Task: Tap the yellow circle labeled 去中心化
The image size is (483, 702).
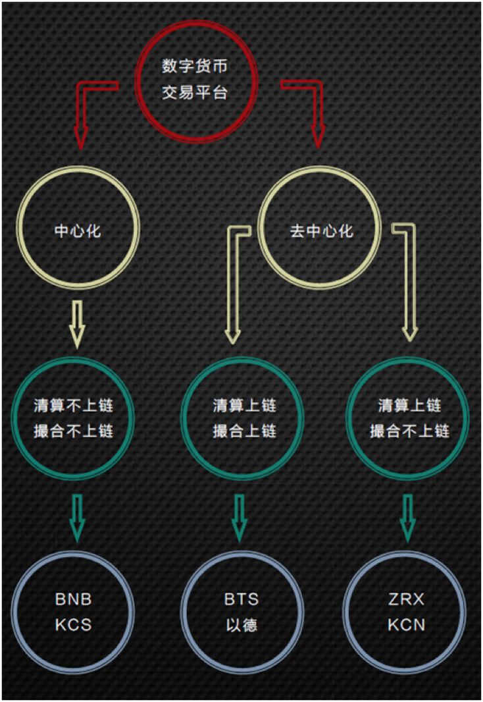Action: [320, 231]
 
